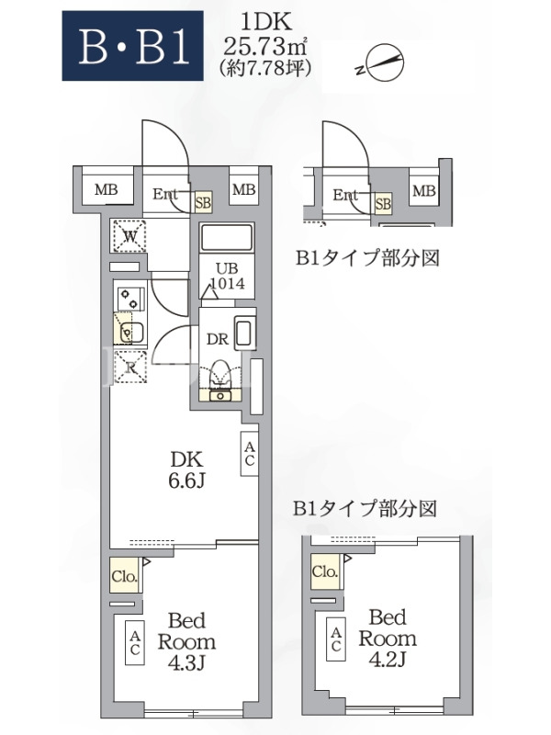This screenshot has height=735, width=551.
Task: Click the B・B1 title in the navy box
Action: (x=133, y=46)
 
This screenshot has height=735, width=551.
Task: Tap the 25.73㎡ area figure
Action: (x=265, y=45)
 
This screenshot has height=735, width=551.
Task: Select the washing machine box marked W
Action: (x=129, y=236)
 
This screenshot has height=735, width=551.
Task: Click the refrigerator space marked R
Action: (x=130, y=367)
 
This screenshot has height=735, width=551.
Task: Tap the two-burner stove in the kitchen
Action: (x=130, y=298)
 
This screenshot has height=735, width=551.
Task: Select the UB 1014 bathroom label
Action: (x=227, y=277)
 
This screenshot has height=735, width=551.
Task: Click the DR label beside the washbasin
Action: (x=218, y=339)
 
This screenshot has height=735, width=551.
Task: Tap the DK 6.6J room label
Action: (x=187, y=469)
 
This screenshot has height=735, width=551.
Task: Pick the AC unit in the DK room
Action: (x=249, y=454)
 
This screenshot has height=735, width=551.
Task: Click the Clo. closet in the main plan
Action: (x=124, y=575)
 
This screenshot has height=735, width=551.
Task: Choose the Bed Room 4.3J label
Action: (x=186, y=641)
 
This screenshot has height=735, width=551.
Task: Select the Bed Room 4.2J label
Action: (x=388, y=638)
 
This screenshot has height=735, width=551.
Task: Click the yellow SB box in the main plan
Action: (x=203, y=203)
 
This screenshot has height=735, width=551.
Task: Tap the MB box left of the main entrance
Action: (x=107, y=190)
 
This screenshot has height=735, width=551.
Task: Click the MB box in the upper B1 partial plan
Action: (x=424, y=191)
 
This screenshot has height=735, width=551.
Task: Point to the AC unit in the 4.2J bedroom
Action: (x=336, y=639)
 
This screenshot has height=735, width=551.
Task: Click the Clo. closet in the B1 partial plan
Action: (x=325, y=571)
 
